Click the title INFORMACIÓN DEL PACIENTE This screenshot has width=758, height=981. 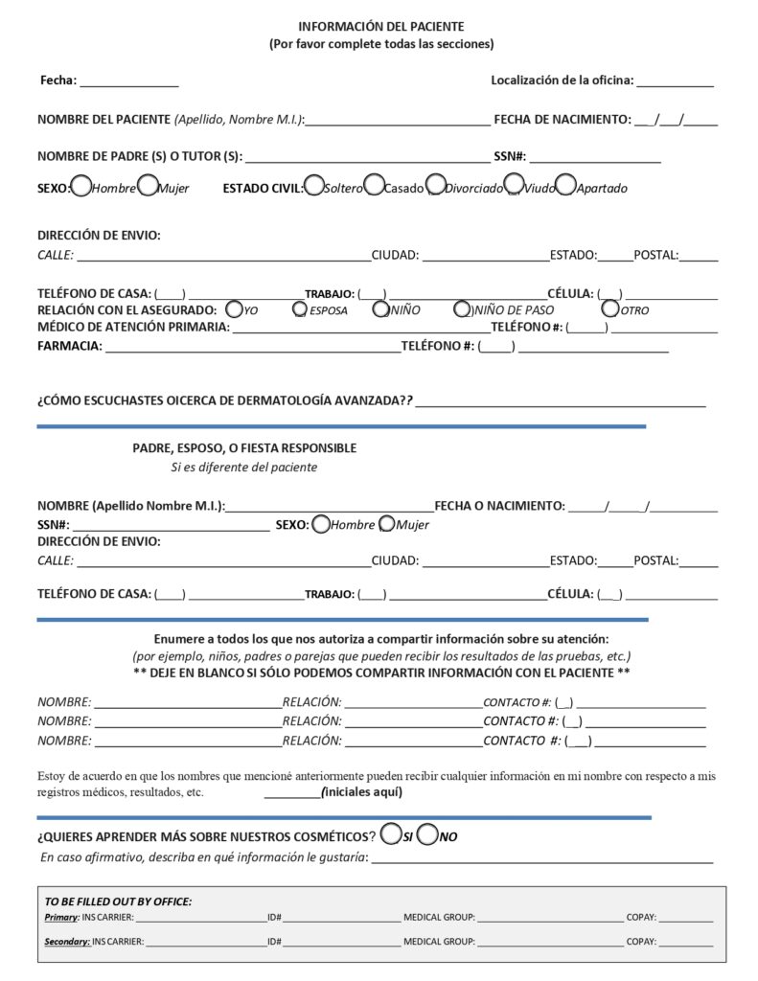[x=381, y=27]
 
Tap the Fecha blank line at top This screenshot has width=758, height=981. [x=128, y=81]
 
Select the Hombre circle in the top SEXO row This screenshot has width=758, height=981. [x=81, y=186]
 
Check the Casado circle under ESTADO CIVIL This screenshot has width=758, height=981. [x=374, y=186]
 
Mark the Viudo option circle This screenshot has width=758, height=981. [x=514, y=186]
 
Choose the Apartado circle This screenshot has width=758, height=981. [x=565, y=186]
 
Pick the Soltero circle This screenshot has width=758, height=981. [x=313, y=186]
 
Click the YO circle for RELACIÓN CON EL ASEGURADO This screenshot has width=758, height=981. [x=234, y=308]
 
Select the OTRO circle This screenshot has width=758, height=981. [x=609, y=308]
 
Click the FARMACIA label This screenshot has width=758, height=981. [x=69, y=346]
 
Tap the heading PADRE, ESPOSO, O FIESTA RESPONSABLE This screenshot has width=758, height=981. [x=244, y=447]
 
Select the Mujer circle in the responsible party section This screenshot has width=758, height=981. [x=387, y=524]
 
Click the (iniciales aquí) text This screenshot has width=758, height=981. [x=362, y=792]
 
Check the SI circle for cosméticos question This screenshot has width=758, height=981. [x=390, y=834]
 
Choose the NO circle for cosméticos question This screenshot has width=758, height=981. [x=428, y=834]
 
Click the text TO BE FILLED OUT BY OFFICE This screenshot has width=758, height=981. [x=118, y=901]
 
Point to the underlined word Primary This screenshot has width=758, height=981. [x=61, y=918]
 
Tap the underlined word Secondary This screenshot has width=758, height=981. [x=67, y=942]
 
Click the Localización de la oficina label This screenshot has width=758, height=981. [x=563, y=80]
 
